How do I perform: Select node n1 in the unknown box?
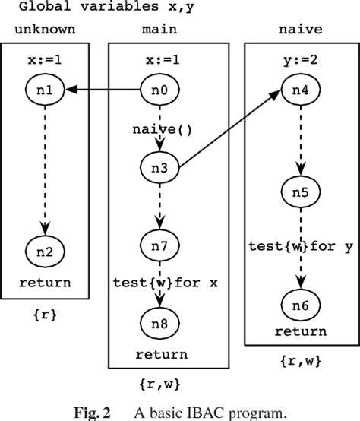coord(46,90)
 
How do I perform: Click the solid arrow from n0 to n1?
coord(103,90)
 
